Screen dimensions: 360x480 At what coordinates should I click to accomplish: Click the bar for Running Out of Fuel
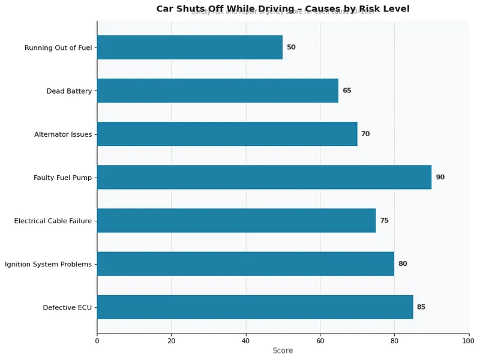click(x=190, y=47)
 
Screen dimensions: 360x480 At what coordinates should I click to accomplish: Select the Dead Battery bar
click(x=217, y=91)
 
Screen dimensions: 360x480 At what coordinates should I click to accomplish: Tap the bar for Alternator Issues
click(x=227, y=134)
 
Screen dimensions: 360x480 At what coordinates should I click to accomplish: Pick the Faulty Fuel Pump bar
click(x=264, y=177)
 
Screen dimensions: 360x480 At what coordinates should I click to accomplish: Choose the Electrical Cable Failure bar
click(x=236, y=220)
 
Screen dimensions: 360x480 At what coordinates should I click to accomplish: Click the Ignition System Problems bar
click(x=245, y=263)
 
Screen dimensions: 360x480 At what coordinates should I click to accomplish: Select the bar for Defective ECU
click(x=254, y=307)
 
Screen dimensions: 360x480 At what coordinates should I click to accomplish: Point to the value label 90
click(x=440, y=177)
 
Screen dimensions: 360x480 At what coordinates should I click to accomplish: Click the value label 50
click(x=291, y=47)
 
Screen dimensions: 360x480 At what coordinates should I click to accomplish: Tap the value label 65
click(x=347, y=91)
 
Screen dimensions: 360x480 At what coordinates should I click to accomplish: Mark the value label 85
click(x=421, y=307)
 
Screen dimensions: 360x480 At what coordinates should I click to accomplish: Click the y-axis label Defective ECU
click(x=67, y=307)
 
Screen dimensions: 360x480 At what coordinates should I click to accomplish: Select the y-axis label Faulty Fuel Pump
click(x=62, y=178)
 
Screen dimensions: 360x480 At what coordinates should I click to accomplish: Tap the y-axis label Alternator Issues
click(x=63, y=134)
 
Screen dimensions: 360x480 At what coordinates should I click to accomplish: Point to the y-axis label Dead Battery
click(x=69, y=91)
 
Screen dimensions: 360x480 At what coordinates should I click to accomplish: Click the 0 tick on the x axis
click(x=97, y=341)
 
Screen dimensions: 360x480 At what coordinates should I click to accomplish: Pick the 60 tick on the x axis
click(x=320, y=341)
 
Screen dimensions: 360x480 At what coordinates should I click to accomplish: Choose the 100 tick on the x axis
click(x=469, y=341)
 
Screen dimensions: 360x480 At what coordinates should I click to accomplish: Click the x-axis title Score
click(x=283, y=351)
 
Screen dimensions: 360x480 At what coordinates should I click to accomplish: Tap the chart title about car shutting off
click(x=283, y=8)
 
